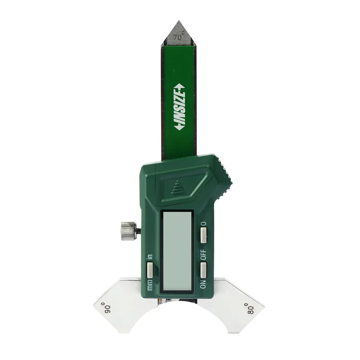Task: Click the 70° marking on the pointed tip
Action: point(179,37)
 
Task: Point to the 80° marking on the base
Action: point(250,308)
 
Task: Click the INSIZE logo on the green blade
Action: point(180,108)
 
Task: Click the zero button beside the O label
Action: point(203,235)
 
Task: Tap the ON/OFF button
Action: point(203,270)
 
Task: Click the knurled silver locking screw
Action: point(128,231)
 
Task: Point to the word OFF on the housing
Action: point(203,254)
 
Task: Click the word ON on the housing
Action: point(203,284)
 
